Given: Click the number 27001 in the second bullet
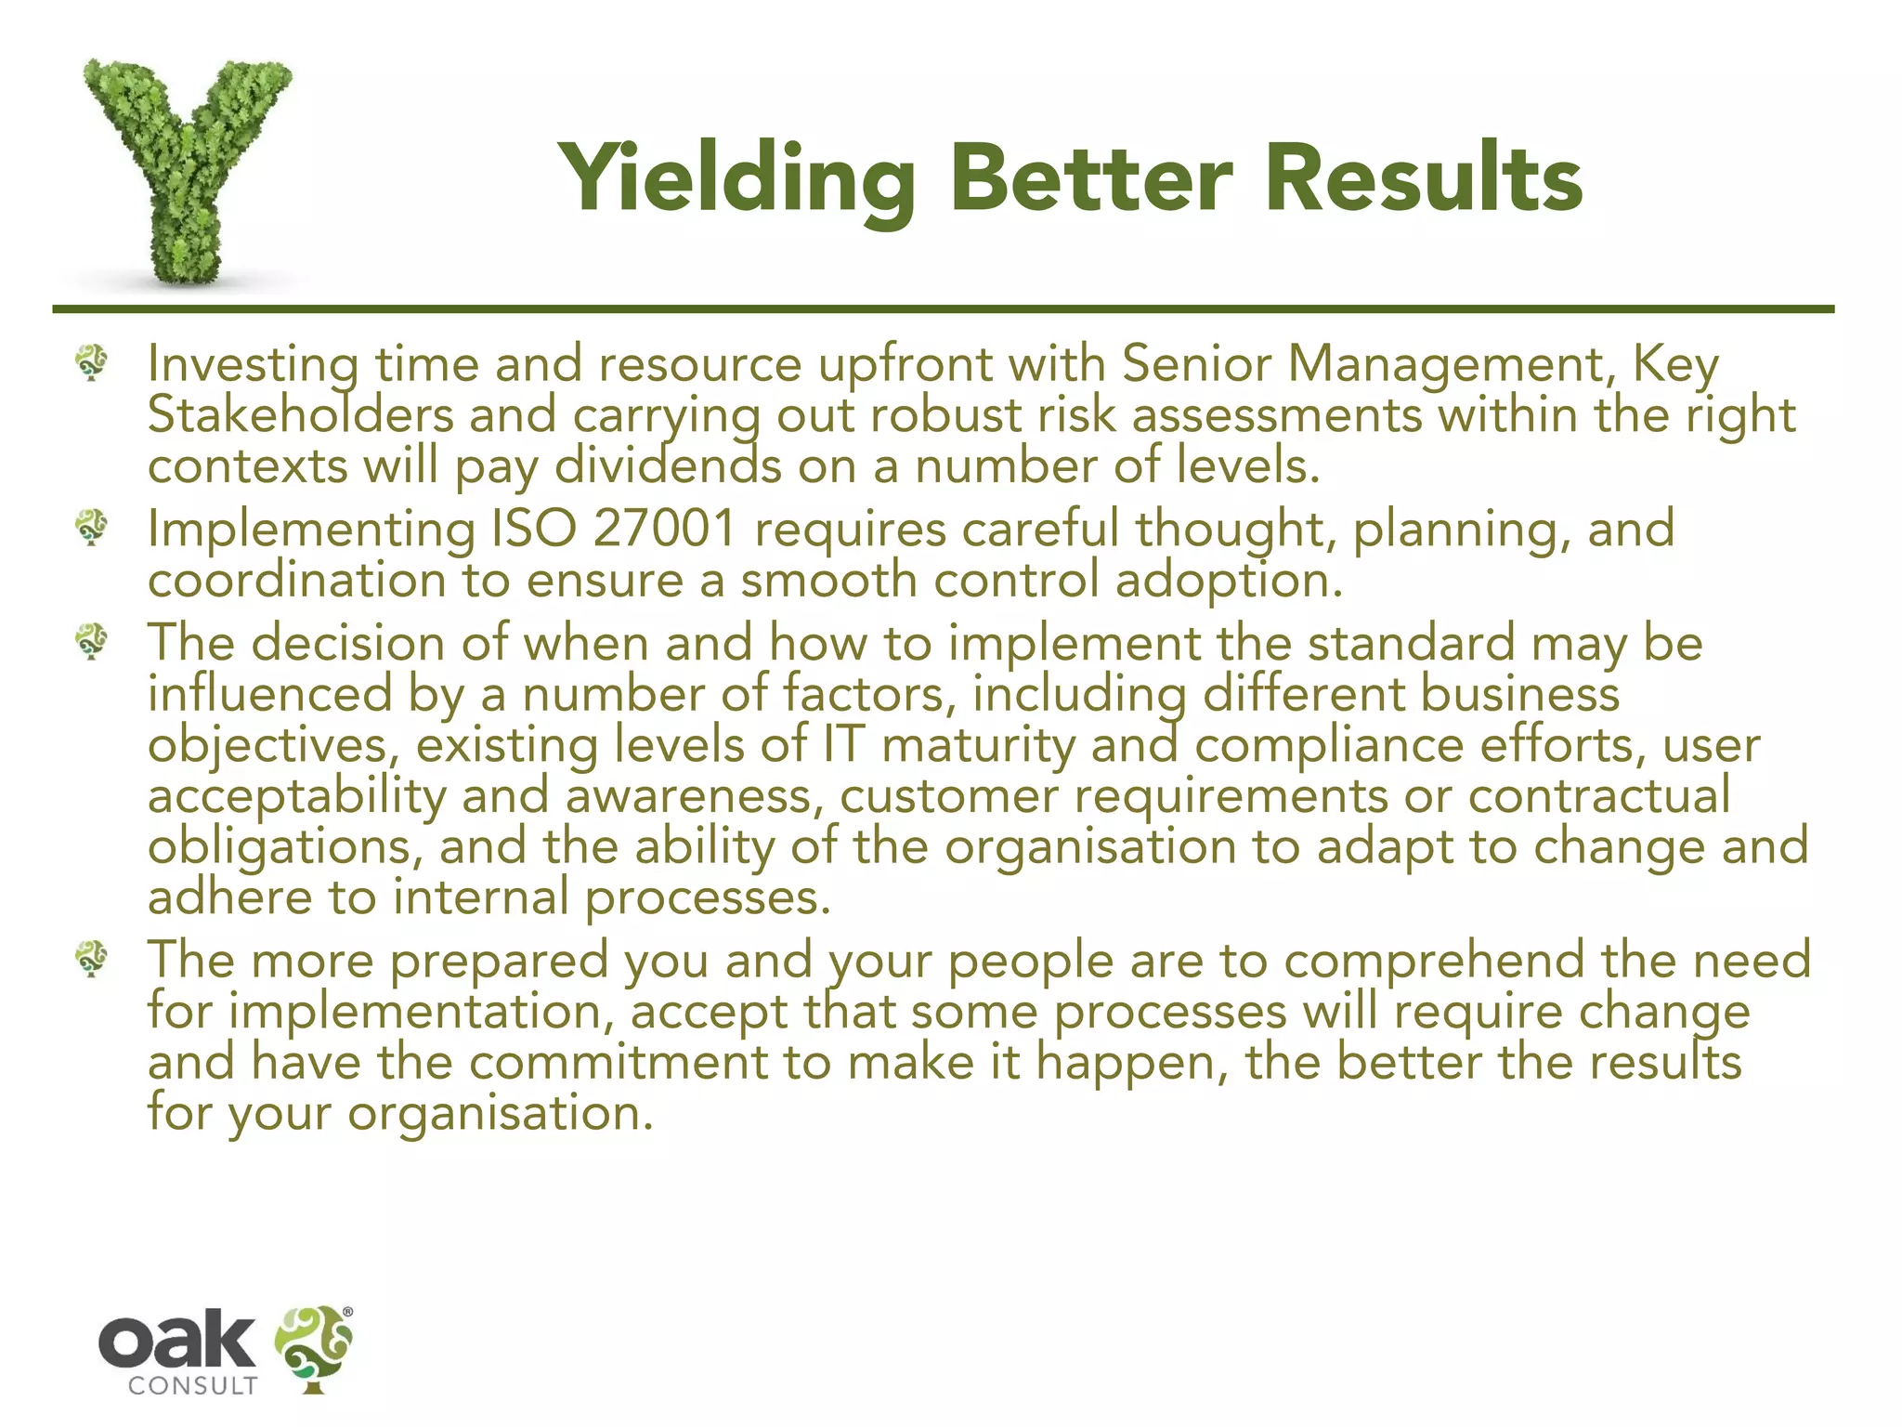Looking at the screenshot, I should point(664,529).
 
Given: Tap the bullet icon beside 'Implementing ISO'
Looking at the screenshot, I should point(92,527).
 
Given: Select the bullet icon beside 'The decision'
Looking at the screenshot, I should point(92,641).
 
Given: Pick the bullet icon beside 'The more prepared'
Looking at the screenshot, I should point(92,958).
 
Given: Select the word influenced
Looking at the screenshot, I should point(270,694).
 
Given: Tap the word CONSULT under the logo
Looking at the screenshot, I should point(193,1386).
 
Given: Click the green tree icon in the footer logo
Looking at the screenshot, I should point(314,1348).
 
